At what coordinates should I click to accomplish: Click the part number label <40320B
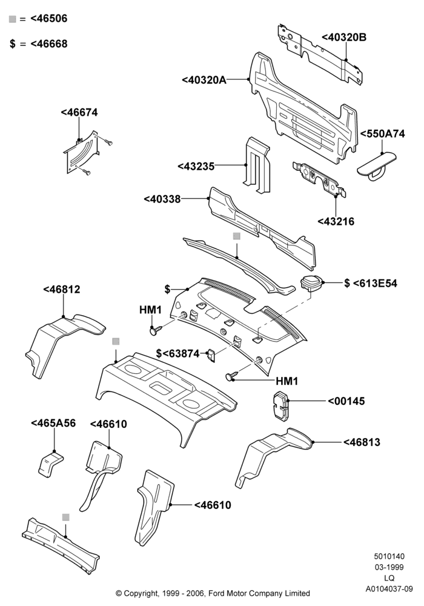click(344, 37)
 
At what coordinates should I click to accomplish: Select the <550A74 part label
click(383, 134)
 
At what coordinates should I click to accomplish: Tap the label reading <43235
click(196, 166)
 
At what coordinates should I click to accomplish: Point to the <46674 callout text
click(79, 113)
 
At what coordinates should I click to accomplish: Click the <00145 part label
click(346, 401)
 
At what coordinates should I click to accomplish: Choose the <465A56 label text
click(53, 423)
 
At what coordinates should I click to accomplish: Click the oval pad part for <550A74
click(377, 164)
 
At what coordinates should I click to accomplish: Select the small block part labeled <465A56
click(51, 462)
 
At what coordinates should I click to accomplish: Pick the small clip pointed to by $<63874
click(211, 355)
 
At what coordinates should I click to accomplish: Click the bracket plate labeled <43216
click(319, 179)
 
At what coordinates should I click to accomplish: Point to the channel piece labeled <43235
click(256, 165)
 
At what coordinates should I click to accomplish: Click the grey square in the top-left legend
click(12, 19)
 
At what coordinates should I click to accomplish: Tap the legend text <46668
click(48, 44)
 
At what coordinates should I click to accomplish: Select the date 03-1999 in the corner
click(389, 567)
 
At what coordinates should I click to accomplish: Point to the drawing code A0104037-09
click(389, 589)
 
